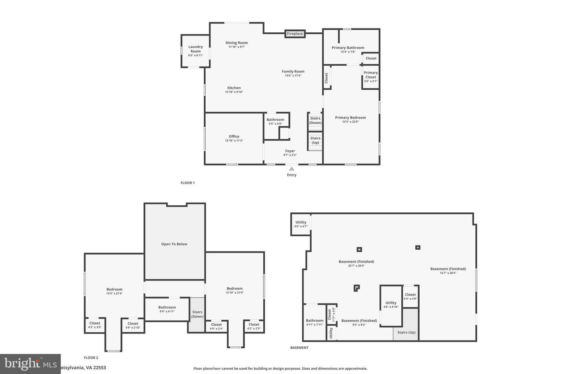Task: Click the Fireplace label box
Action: coord(295,34)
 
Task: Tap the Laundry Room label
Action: coord(196,49)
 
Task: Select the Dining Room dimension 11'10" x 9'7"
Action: coord(236,47)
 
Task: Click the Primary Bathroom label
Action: coord(348,48)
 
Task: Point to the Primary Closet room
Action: coord(370,76)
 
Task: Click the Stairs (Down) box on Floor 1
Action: coord(315,121)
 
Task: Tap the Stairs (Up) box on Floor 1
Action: coord(315,140)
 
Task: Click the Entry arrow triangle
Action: coord(292,169)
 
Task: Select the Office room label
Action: coord(234,136)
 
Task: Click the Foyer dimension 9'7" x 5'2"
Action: coord(290,155)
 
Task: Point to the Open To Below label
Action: coord(174,244)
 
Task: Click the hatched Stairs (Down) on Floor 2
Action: coord(197,315)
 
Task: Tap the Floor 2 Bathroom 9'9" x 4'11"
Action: coord(167,309)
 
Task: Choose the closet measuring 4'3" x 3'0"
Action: coord(95,325)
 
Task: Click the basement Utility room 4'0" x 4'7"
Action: coord(301,224)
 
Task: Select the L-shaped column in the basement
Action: coord(356,288)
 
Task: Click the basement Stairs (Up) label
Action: coord(406,332)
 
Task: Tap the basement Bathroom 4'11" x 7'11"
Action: coord(314,322)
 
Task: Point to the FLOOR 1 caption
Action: coord(187,183)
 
